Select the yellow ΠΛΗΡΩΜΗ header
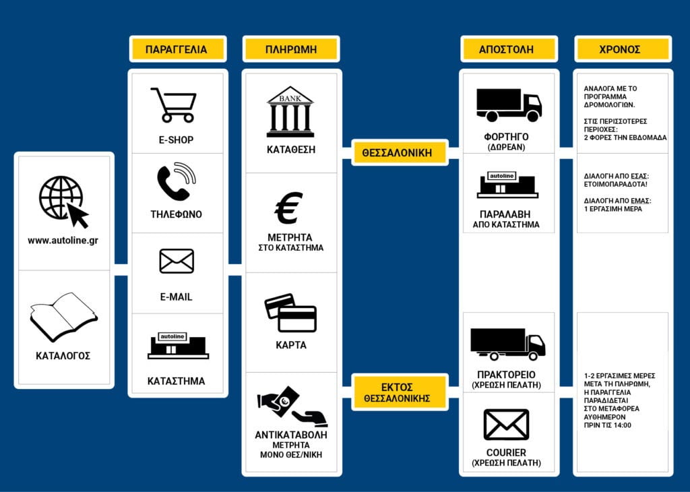pos(291,49)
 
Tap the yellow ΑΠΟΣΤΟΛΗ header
pos(509,49)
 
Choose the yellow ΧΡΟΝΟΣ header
pos(623,49)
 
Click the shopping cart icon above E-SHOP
pos(174,104)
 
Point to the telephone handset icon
pos(176,181)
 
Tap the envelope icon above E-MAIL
pos(177,261)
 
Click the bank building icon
pos(290,112)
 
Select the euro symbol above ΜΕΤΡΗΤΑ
pos(288,208)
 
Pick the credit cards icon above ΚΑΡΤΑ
pos(290,313)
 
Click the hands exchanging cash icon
pos(292,406)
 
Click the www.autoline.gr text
pos(63,241)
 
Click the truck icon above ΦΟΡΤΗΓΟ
pos(509,105)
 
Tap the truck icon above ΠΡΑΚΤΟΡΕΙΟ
pos(508,344)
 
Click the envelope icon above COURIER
pos(506,425)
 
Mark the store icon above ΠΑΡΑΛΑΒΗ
pos(507,185)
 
